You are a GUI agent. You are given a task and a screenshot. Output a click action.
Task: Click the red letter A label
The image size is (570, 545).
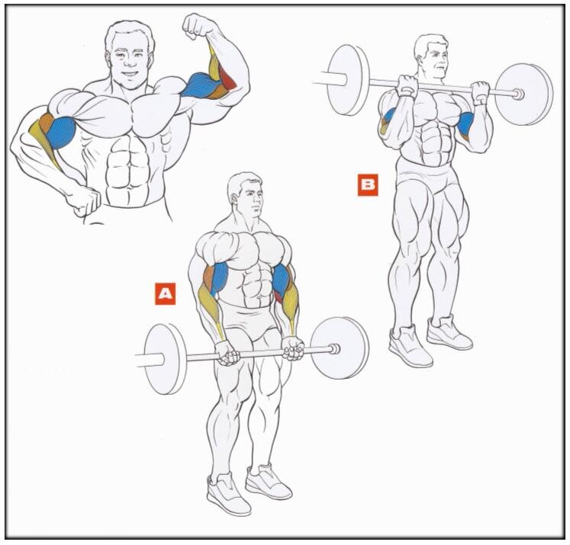165,293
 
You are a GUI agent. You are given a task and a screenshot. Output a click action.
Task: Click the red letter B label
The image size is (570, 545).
368,184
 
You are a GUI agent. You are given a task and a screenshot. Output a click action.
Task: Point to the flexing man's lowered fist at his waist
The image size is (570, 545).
83,200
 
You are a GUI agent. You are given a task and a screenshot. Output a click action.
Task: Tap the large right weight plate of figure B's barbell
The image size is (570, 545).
523,94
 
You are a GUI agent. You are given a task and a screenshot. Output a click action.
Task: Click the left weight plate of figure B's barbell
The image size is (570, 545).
348,80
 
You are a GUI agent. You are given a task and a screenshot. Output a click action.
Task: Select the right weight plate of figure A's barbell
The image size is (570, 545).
340,348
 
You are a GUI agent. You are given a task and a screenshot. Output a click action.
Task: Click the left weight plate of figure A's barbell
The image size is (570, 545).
166,359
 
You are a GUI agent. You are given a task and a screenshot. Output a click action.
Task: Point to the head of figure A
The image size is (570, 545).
246,194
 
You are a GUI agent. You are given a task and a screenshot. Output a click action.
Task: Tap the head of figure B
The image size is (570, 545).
432,56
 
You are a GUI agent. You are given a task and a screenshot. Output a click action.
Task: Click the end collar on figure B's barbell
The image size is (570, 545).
518,94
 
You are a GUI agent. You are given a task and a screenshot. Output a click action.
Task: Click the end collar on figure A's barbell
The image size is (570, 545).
334,349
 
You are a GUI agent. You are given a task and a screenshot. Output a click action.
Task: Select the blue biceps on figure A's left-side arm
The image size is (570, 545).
219,277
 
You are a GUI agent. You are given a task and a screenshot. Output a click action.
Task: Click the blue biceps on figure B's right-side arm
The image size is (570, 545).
465,123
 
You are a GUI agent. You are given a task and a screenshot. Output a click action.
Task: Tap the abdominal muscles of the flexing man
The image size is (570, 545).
128,171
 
